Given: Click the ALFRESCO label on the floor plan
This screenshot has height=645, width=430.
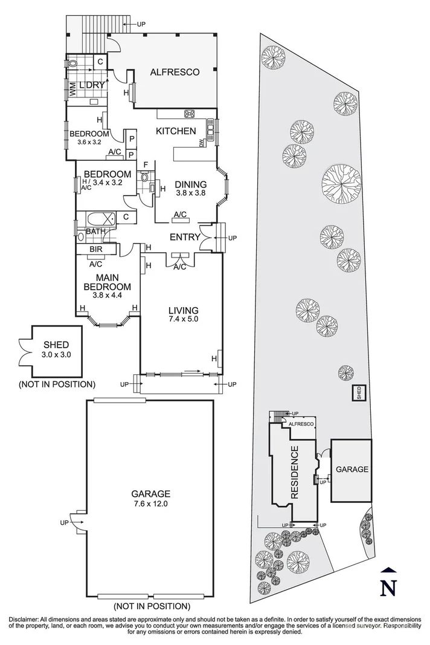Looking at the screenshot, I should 175,72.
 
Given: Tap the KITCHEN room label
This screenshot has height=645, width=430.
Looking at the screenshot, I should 176,131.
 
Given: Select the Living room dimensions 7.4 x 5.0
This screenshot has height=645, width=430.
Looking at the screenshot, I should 183,319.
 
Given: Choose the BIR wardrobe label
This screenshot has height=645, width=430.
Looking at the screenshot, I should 95,248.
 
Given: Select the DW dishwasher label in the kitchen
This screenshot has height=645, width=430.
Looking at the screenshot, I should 202,143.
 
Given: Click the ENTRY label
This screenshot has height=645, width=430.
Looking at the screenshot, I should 184,237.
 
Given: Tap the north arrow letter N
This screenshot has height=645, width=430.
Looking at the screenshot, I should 390,586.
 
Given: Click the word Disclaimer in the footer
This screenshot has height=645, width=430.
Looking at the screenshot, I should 22,620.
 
